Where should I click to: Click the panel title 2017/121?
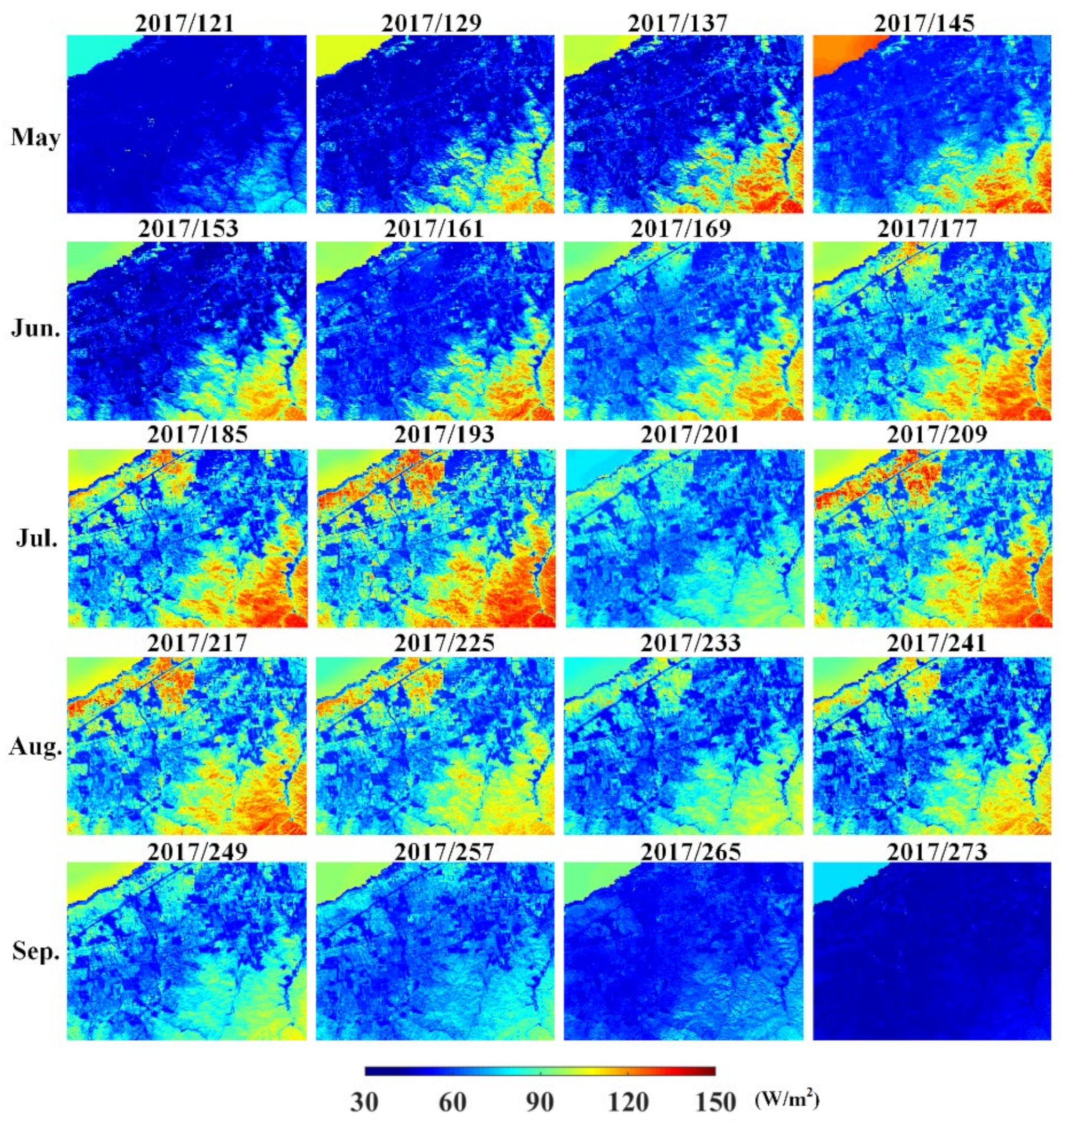[x=185, y=23]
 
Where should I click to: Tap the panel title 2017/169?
[x=681, y=229]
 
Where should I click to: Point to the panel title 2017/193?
[x=444, y=435]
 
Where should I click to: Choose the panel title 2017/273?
[x=937, y=852]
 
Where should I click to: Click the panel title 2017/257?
[x=444, y=852]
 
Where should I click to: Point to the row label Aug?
[x=36, y=747]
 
